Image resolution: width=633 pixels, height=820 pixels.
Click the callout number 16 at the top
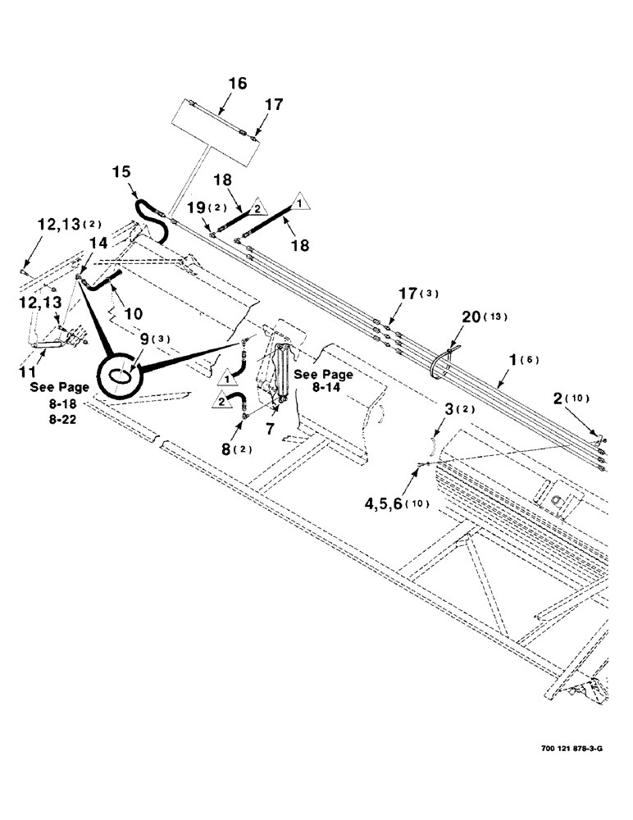[x=237, y=84]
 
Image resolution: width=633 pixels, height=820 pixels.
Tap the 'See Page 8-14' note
[x=325, y=380]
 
